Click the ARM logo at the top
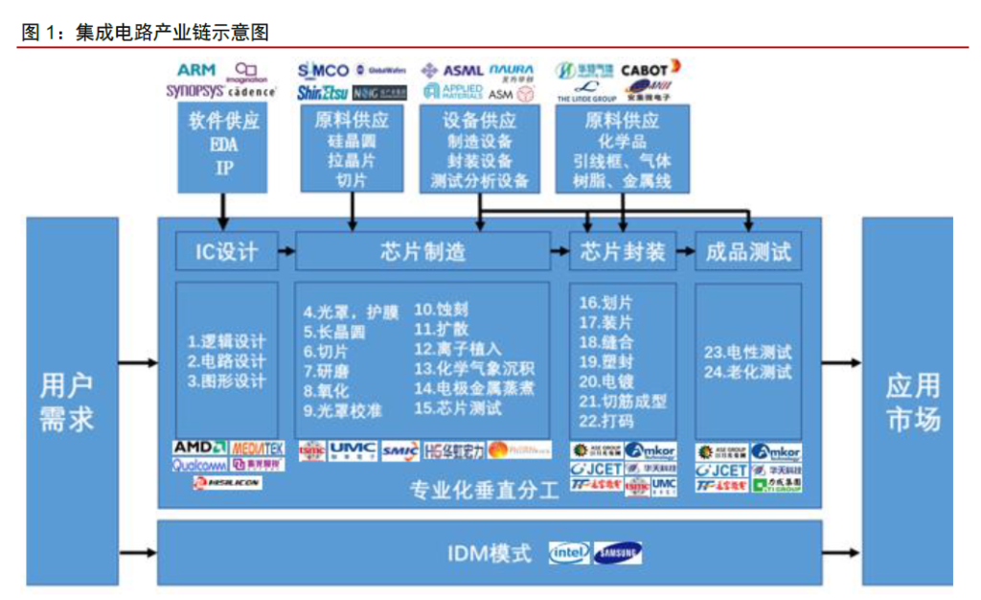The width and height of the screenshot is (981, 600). tap(196, 70)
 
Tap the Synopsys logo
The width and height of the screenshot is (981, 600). tap(194, 91)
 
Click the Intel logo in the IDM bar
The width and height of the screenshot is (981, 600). tap(569, 553)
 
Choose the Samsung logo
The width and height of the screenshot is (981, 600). tap(618, 553)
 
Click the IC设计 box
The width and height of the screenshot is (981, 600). tap(226, 251)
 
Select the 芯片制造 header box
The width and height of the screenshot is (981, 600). tap(422, 251)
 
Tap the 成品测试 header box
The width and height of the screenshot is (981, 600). tap(747, 251)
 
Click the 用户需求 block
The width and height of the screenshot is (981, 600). tap(72, 402)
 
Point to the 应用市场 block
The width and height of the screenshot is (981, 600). tap(909, 402)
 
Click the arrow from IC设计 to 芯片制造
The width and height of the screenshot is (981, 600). tap(286, 251)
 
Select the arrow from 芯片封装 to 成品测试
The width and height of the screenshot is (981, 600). tap(685, 251)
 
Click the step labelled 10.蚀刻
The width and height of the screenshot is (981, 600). tap(441, 310)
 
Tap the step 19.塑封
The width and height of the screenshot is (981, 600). tap(605, 361)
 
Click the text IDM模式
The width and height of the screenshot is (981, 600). tap(489, 554)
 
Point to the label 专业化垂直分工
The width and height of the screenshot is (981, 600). tap(484, 492)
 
